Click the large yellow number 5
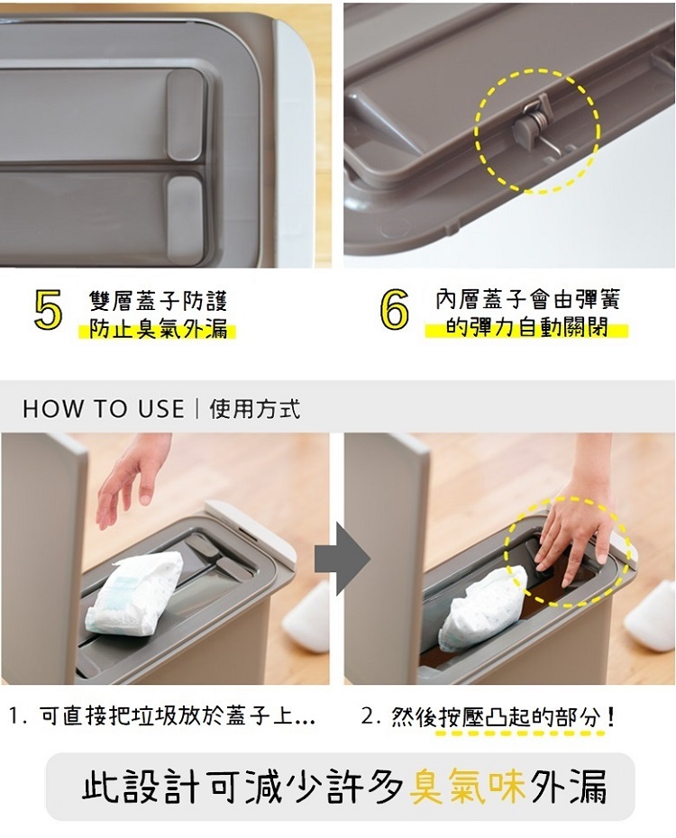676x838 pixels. pyautogui.click(x=48, y=310)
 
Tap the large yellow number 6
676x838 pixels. pyautogui.click(x=395, y=310)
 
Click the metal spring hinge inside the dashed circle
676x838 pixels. pyautogui.click(x=537, y=126)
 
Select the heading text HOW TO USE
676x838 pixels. pyautogui.click(x=103, y=409)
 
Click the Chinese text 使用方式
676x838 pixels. pyautogui.click(x=255, y=409)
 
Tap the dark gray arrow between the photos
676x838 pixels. pyautogui.click(x=343, y=559)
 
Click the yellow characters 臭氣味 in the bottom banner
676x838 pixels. pyautogui.click(x=467, y=786)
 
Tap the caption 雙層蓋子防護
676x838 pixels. pyautogui.click(x=158, y=301)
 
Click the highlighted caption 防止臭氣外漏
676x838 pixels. pyautogui.click(x=158, y=328)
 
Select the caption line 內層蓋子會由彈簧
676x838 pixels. pyautogui.click(x=527, y=299)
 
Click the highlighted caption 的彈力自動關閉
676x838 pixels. pyautogui.click(x=527, y=326)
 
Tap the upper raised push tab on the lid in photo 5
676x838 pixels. pyautogui.click(x=185, y=114)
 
